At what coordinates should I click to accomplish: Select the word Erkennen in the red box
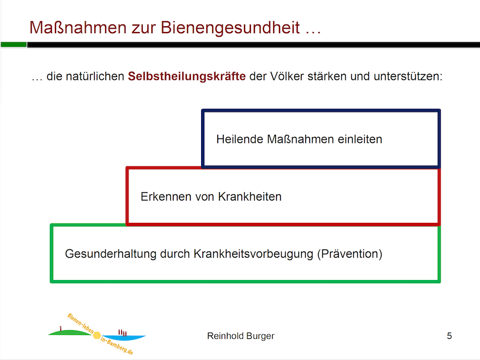pos(161,197)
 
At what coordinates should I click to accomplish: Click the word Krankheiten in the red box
pos(250,197)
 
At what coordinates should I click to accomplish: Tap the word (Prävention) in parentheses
pos(349,254)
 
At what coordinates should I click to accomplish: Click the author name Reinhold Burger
pos(241,336)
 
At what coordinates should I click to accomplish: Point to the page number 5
pos(449,336)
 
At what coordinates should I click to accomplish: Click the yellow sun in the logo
pos(97,335)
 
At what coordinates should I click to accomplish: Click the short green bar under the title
pos(13,45)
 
